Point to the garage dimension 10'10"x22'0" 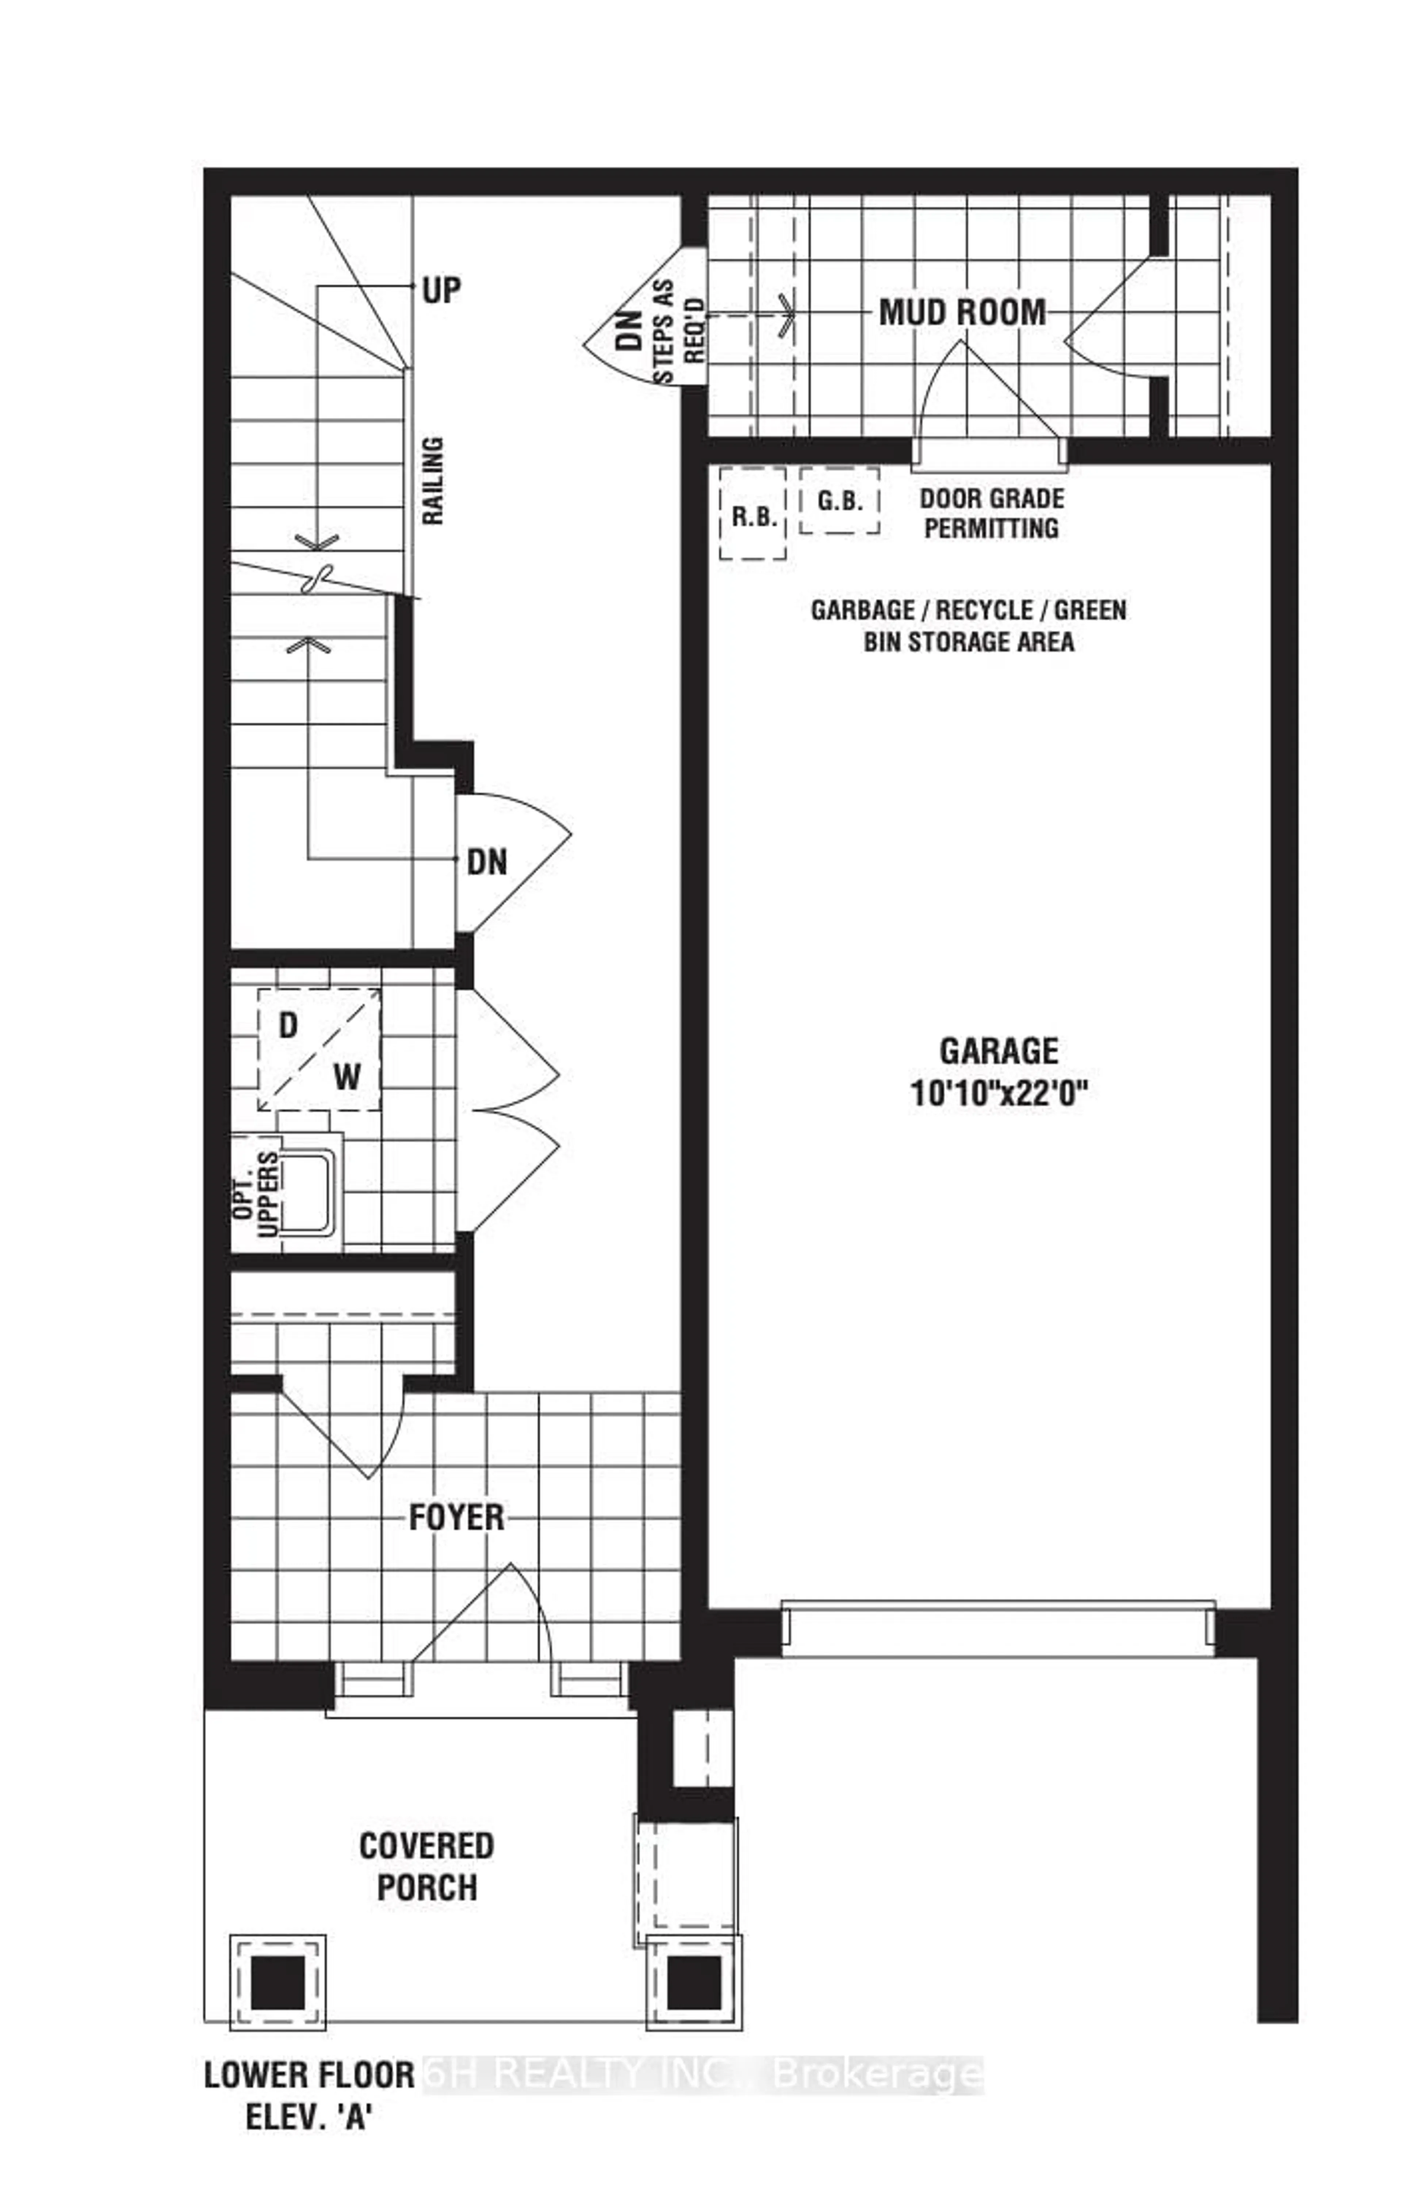pos(999,1092)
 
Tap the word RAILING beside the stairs pos(433,481)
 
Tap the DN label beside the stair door pos(487,862)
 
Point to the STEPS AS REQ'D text pos(679,331)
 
